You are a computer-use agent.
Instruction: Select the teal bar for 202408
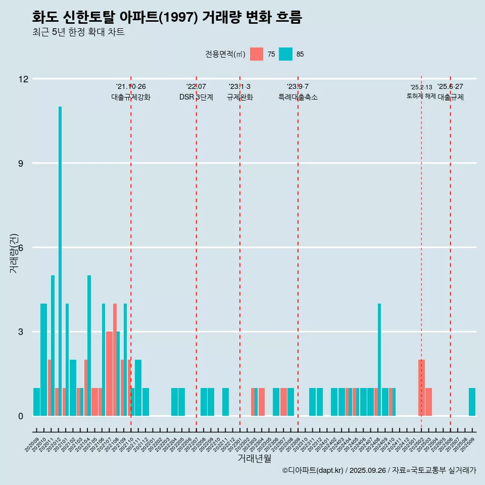379,360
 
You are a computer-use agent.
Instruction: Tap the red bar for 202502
421,387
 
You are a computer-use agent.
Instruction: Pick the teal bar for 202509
472,402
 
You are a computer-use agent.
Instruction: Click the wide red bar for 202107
109,374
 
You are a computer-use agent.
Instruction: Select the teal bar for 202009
36,402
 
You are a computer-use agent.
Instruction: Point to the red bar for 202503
428,402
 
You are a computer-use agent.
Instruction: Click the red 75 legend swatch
257,54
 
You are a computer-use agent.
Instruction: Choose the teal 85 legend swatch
286,54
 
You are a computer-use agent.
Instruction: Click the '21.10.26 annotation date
131,87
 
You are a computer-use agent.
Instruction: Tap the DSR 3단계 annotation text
196,97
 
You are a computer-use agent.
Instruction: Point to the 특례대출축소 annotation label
298,97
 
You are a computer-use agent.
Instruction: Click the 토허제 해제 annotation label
421,96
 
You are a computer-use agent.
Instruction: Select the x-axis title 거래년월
255,459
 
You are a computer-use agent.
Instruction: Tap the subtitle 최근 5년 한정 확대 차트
78,32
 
